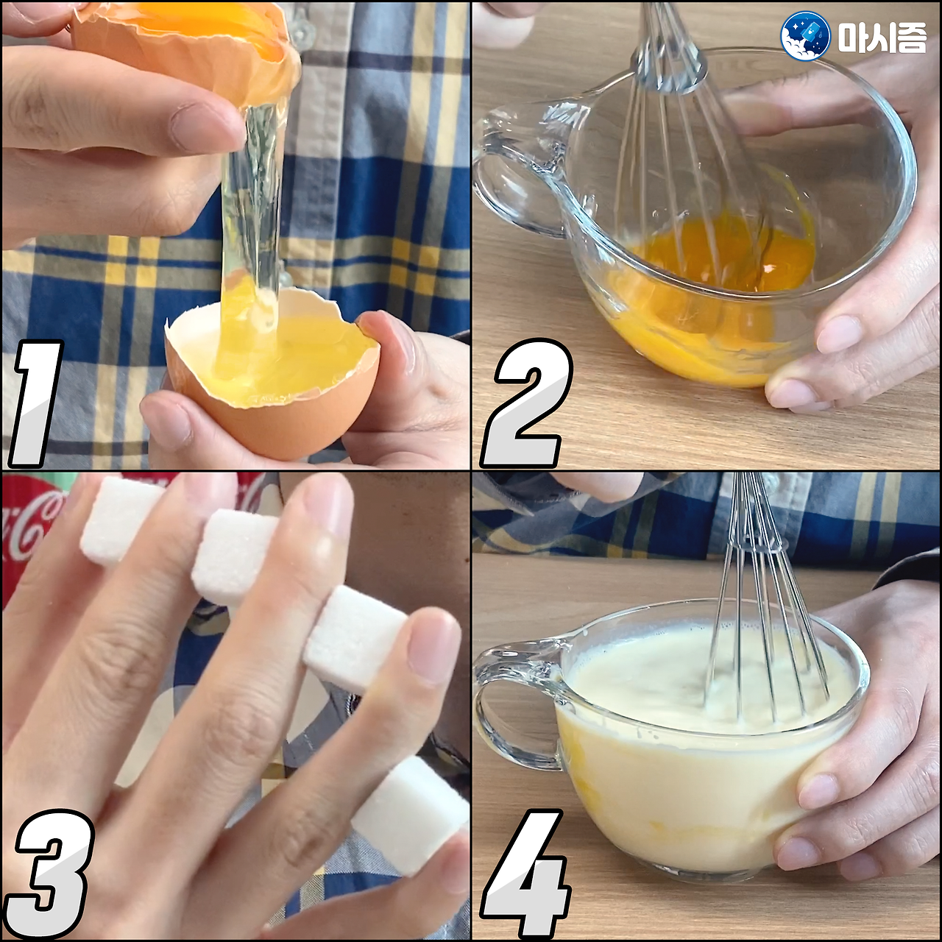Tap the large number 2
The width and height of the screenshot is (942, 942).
coord(527,402)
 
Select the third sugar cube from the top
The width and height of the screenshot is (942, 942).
coord(355,638)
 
